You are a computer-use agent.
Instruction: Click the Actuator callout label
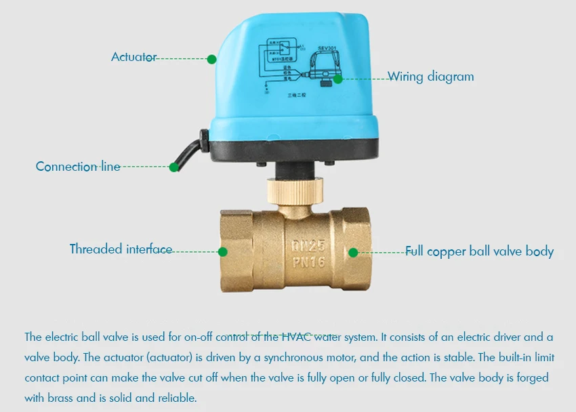click(x=133, y=58)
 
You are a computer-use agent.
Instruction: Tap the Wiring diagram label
click(x=430, y=77)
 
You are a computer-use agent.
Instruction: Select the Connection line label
click(x=78, y=167)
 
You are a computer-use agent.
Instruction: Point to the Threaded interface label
click(x=121, y=249)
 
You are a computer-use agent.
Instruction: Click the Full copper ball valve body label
click(x=479, y=251)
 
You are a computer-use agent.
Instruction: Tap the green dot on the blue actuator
click(x=211, y=58)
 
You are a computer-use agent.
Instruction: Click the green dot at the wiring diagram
click(x=337, y=79)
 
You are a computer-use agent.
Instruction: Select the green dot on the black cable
click(x=174, y=166)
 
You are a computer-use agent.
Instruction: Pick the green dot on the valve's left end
click(x=222, y=251)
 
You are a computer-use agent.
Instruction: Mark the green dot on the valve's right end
click(x=353, y=252)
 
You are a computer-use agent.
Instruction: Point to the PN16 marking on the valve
click(x=308, y=262)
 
